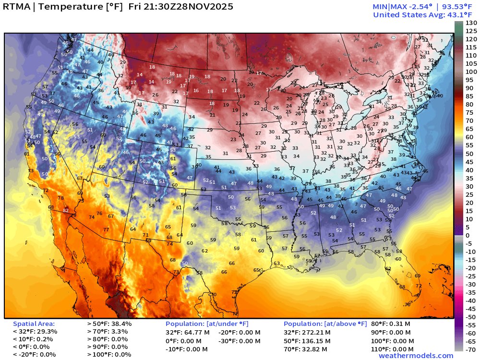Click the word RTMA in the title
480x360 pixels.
(x=18, y=7)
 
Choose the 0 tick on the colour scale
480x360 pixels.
(x=468, y=235)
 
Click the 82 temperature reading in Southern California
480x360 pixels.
(x=66, y=211)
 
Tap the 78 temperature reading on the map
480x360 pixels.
(x=60, y=198)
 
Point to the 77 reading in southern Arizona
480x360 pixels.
(x=106, y=230)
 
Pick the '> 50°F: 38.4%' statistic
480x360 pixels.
(x=109, y=324)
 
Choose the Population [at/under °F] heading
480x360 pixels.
(x=207, y=324)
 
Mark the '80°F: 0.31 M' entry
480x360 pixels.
(x=390, y=324)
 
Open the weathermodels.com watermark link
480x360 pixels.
(x=416, y=356)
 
